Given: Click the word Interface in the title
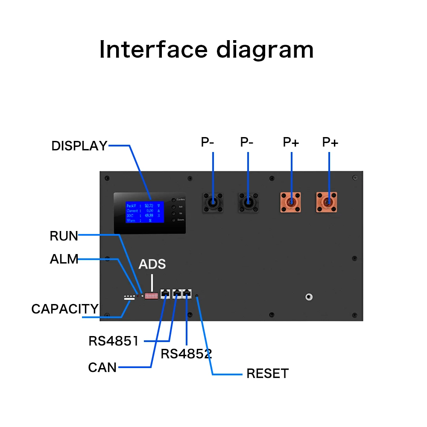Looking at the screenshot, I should (153, 50).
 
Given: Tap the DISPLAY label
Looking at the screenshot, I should (79, 146).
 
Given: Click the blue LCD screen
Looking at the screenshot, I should (145, 212).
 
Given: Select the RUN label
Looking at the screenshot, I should (64, 236).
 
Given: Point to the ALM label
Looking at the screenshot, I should (64, 259).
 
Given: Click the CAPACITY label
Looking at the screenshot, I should (65, 309).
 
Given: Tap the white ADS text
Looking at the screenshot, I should (152, 264).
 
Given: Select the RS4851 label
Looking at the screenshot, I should (114, 341).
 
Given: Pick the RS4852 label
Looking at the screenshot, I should (186, 354).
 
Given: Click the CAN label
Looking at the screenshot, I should (102, 367).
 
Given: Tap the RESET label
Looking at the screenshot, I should (267, 374).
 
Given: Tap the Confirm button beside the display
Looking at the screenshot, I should (173, 200).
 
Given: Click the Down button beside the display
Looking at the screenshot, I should (173, 219).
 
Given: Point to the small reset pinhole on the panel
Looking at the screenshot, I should (196, 295).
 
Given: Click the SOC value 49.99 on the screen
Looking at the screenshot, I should (149, 215).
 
